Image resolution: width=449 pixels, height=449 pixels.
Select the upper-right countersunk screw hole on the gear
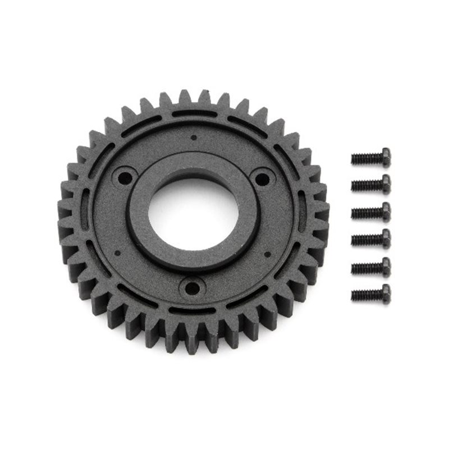tap(262, 178)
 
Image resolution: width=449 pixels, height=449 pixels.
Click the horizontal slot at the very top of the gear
tap(193, 114)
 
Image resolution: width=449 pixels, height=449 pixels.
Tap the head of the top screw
tap(385, 156)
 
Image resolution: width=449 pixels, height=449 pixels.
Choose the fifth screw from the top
tap(371, 266)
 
